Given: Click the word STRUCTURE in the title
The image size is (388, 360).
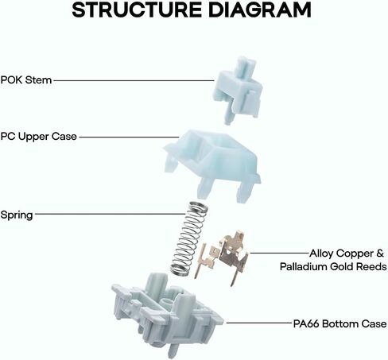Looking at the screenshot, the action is (137, 10).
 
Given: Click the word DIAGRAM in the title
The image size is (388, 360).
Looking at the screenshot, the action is (260, 10).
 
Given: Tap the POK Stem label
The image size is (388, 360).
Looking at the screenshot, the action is (26, 79).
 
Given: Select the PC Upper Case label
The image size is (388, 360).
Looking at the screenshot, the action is (39, 137).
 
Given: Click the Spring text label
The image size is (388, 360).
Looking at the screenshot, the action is (17, 215).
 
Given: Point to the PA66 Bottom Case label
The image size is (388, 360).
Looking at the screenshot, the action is (339, 323).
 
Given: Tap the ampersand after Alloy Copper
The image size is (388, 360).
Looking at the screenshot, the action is (380, 254).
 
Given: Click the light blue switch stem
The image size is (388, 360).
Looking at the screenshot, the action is (238, 90).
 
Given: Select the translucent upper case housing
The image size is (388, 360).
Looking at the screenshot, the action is (212, 165).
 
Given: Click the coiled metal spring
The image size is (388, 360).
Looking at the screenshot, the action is (188, 238).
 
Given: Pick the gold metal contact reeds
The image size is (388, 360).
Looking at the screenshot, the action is (222, 257).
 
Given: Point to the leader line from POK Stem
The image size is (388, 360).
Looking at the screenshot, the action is (134, 80).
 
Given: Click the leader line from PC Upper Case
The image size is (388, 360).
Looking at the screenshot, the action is (129, 137).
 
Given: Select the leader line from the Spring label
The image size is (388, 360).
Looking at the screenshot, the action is (111, 214).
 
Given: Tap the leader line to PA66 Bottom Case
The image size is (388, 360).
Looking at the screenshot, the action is (259, 323).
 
